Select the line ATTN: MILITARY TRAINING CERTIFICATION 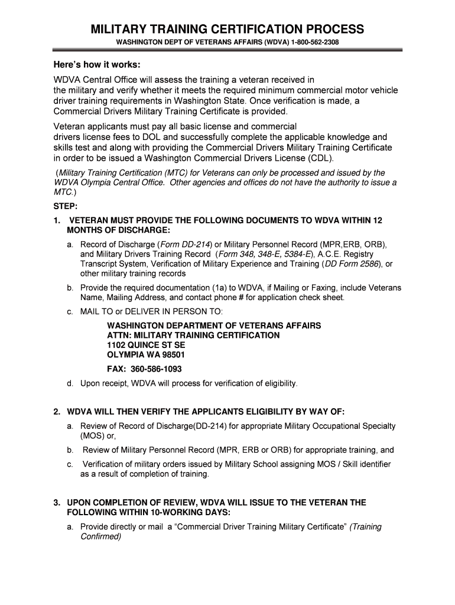(193, 335)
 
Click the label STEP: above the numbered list (65, 207)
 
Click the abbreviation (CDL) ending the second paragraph (321, 158)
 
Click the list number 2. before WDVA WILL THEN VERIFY (57, 411)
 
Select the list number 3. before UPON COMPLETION (57, 503)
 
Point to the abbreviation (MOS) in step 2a (92, 436)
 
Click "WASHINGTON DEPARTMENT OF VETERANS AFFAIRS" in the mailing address (214, 326)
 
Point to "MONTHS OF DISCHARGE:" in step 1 (119, 230)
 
